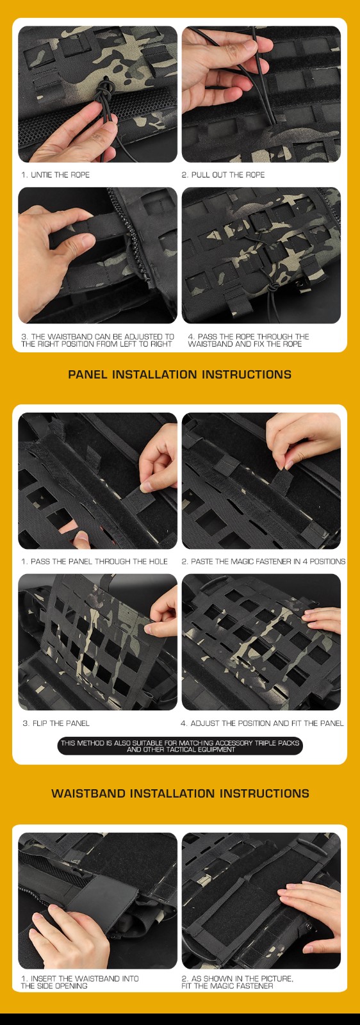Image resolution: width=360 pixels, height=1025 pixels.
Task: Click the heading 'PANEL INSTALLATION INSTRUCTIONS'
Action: click(180, 374)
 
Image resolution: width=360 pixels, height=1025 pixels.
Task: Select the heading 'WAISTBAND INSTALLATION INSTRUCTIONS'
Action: click(180, 794)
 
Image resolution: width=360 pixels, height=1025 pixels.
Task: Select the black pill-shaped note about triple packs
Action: click(180, 746)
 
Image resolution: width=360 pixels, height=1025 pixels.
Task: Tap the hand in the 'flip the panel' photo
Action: click(164, 611)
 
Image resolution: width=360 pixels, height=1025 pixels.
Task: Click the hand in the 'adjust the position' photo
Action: click(322, 621)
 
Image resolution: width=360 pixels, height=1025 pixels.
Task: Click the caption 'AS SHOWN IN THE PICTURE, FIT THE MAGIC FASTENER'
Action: click(237, 982)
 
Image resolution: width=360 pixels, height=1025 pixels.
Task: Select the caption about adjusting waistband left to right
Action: click(97, 340)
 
